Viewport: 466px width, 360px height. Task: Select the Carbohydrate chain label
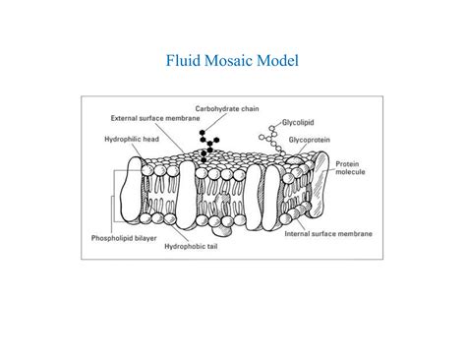pyautogui.click(x=228, y=108)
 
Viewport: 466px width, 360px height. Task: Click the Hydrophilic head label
pyautogui.click(x=132, y=139)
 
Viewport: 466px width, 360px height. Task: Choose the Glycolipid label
pyautogui.click(x=300, y=122)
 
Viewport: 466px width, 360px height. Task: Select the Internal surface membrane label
pyautogui.click(x=326, y=234)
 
